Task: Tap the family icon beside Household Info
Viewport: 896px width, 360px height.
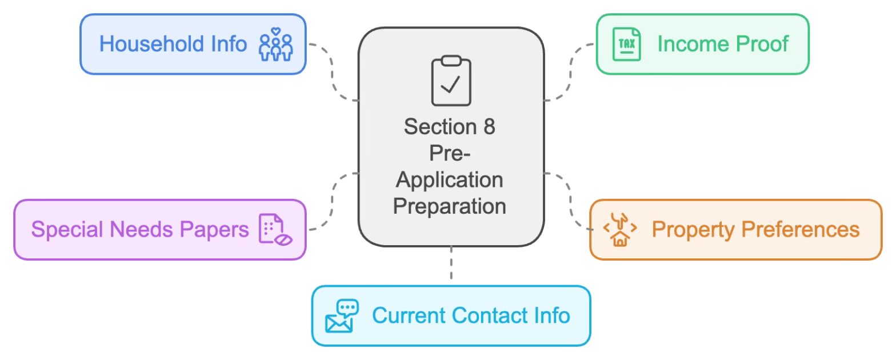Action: [276, 45]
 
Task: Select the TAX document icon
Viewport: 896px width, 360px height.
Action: [626, 45]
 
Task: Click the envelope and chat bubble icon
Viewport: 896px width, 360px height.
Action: [341, 316]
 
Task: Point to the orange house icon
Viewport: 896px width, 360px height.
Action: [620, 230]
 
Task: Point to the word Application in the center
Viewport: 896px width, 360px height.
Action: [450, 180]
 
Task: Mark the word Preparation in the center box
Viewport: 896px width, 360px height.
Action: [450, 206]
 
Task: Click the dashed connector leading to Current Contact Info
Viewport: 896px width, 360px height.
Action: [451, 263]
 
